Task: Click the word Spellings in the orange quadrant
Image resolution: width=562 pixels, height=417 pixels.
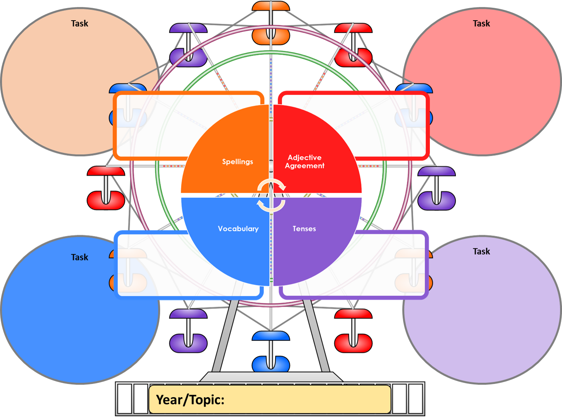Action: (237, 162)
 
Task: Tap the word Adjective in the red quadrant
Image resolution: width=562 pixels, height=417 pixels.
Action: (304, 157)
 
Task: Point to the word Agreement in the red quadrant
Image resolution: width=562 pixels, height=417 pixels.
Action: (304, 166)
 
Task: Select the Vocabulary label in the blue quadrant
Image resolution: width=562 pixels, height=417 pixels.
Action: (238, 229)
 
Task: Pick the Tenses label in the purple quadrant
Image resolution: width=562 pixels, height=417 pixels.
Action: (304, 229)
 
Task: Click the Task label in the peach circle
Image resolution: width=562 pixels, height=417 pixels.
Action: (79, 24)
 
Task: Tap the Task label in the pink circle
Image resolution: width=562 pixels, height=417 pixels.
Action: (481, 24)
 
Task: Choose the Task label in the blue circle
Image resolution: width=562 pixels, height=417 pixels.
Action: (79, 257)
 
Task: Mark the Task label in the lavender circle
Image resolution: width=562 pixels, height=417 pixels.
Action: (481, 251)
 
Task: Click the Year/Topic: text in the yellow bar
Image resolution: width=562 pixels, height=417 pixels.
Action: (190, 400)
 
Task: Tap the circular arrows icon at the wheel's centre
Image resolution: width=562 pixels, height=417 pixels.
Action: (271, 195)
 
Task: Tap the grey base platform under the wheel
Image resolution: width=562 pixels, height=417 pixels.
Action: (271, 377)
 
